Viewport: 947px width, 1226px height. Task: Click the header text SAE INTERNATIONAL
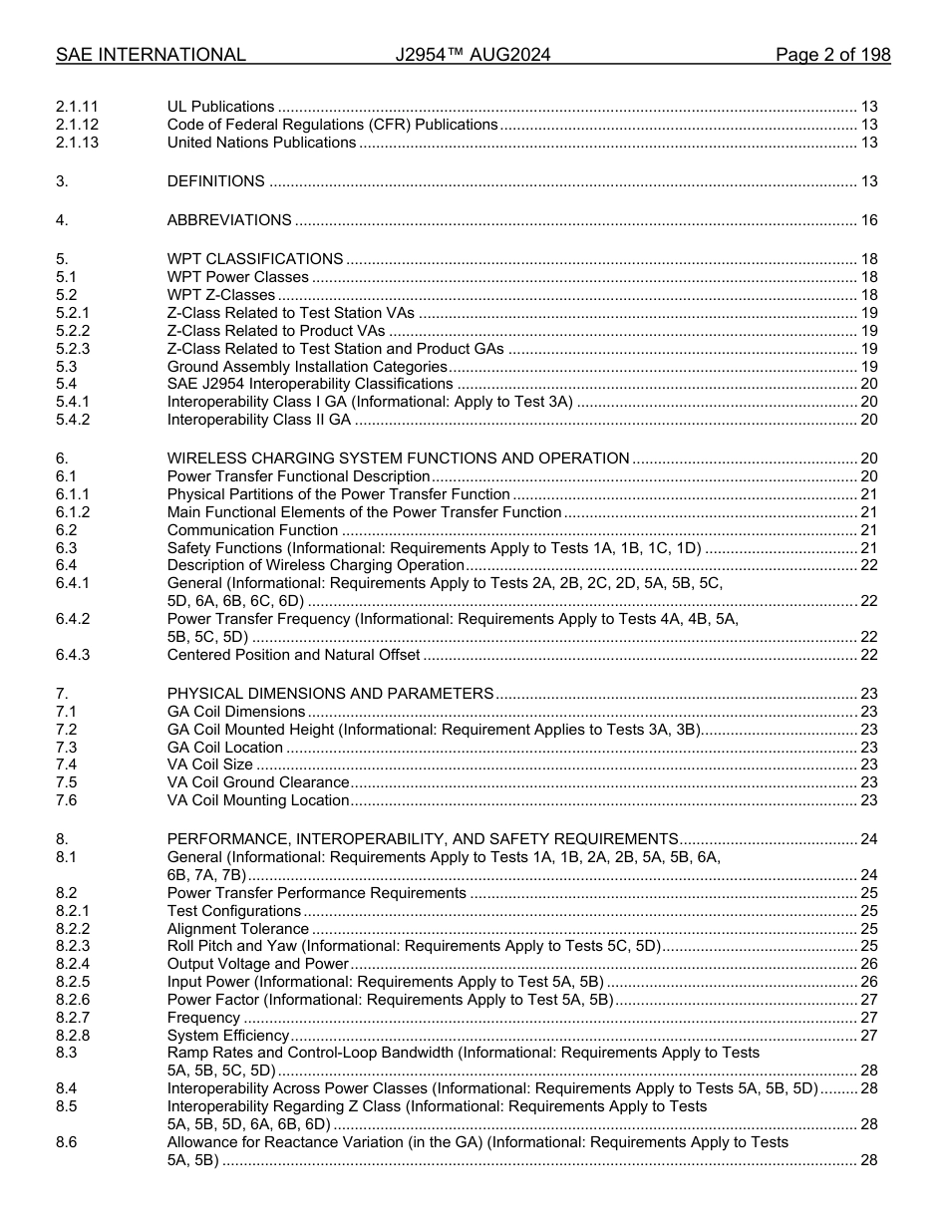click(x=151, y=55)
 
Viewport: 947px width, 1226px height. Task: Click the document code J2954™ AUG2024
click(x=473, y=55)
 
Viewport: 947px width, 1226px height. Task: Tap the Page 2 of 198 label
click(x=832, y=55)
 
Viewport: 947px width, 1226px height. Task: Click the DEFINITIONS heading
click(x=215, y=181)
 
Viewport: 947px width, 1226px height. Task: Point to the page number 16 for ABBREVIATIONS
click(x=868, y=220)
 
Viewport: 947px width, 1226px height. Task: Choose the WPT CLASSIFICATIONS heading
click(x=255, y=259)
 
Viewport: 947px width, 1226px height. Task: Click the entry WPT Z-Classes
click(x=220, y=295)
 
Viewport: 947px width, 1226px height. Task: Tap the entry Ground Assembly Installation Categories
click(x=306, y=366)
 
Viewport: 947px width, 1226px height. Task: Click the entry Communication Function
click(x=252, y=530)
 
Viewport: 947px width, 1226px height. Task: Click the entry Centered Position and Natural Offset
click(x=293, y=655)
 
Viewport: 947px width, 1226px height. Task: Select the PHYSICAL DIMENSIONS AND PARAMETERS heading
click(x=330, y=694)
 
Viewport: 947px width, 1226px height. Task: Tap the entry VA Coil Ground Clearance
click(x=258, y=782)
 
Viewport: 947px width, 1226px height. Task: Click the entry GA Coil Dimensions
click(x=236, y=712)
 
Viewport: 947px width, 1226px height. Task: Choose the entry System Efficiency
click(x=227, y=1036)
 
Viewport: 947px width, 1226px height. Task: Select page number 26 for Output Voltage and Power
click(x=868, y=964)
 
